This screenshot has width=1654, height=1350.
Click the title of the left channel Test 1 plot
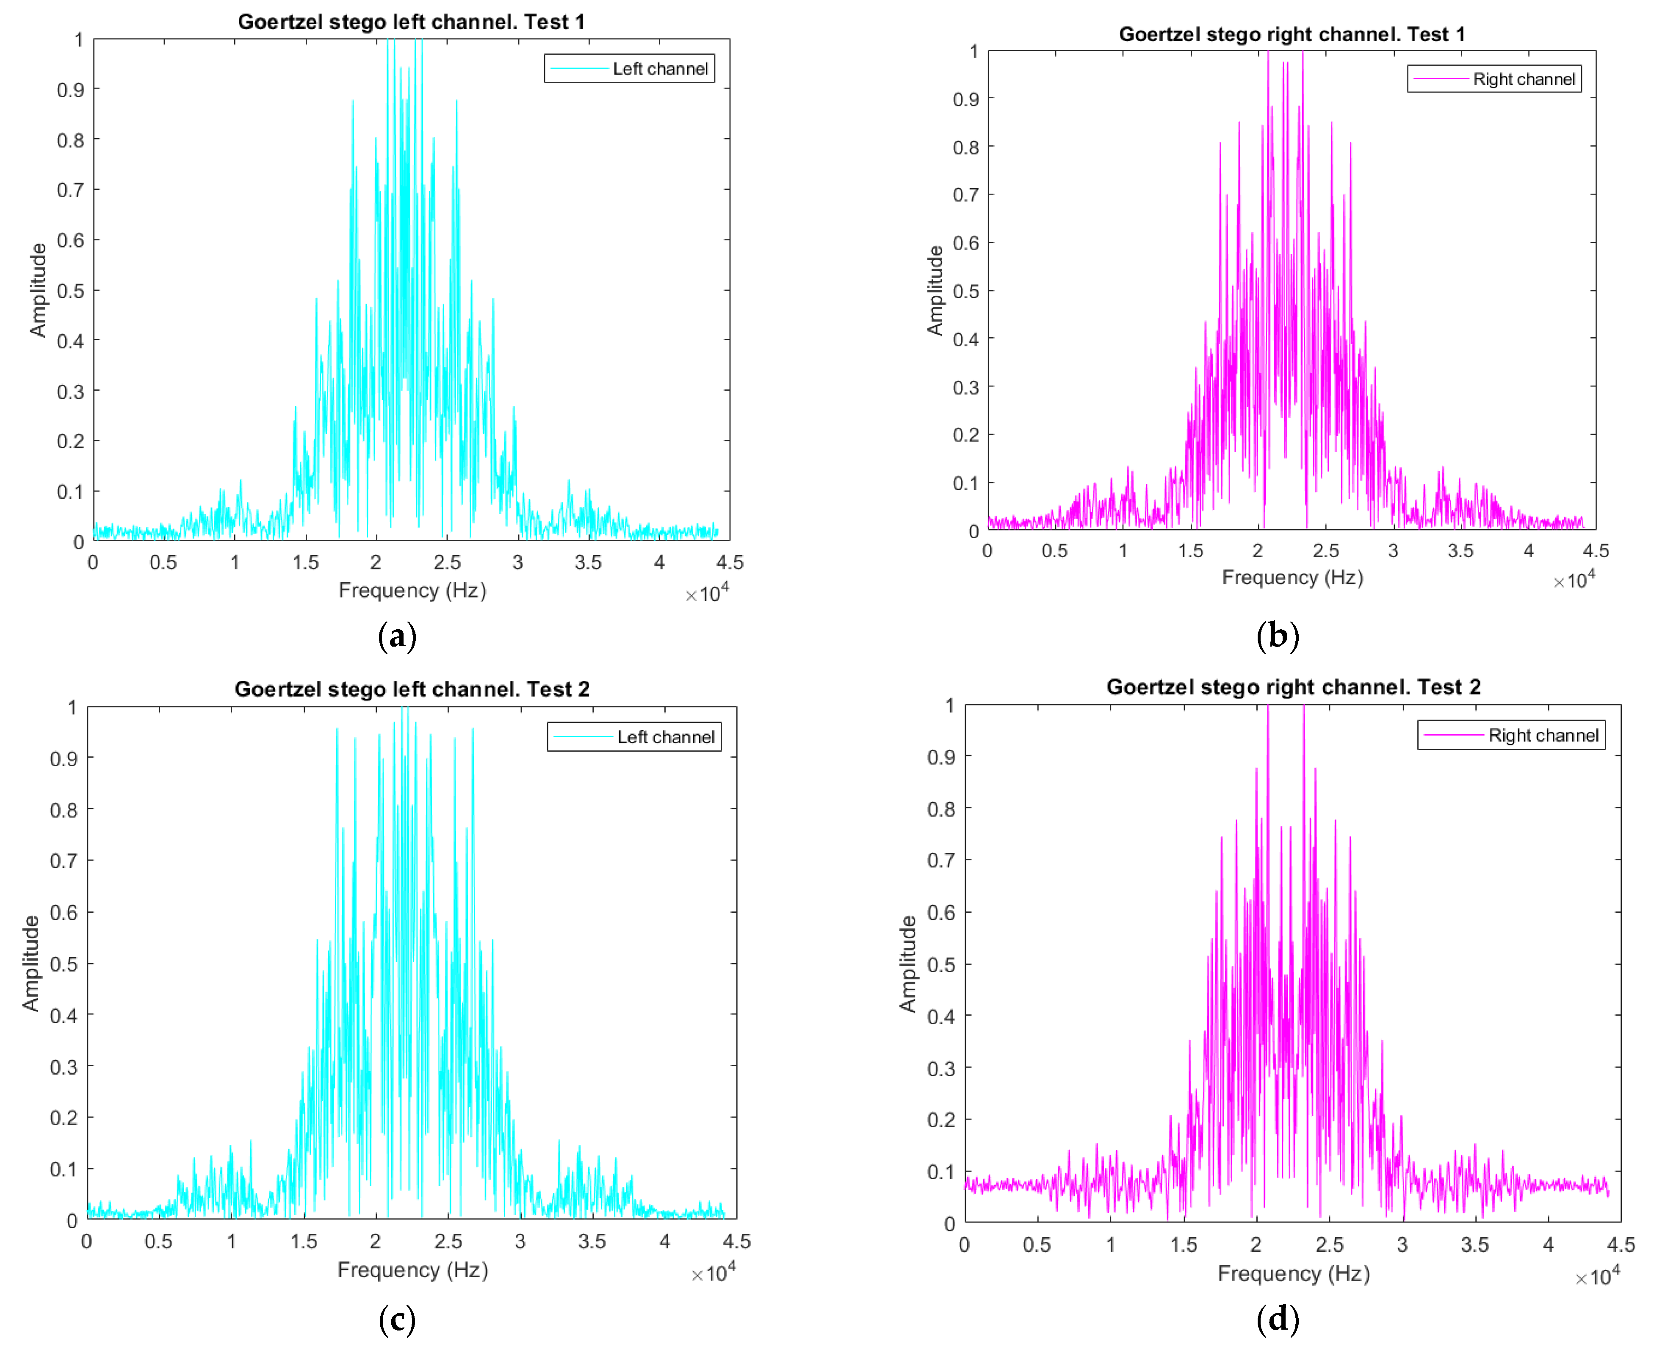coord(411,22)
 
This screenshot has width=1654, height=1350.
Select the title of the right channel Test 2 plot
coord(1293,687)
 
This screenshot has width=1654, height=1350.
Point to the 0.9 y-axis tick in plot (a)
coord(70,90)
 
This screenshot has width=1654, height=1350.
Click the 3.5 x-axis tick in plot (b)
coord(1460,551)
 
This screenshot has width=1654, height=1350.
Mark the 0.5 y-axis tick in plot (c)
coord(64,964)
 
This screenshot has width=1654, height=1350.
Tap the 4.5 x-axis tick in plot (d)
coord(1621,1245)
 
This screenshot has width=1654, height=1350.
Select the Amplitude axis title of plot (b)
coord(935,291)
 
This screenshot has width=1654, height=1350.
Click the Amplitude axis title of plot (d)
coord(908,964)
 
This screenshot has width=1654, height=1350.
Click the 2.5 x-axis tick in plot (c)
coord(448,1242)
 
